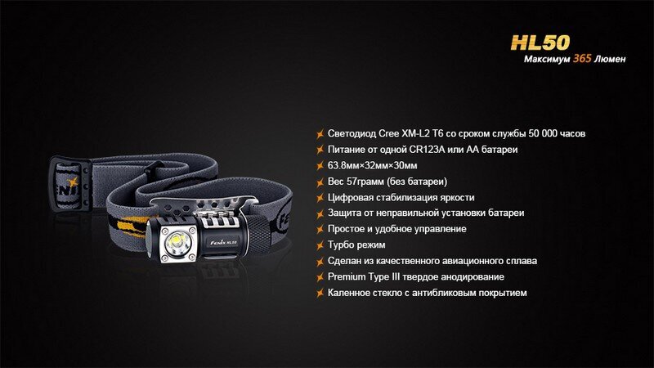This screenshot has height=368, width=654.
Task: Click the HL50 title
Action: click(x=540, y=43)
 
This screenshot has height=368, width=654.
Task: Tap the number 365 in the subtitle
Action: click(x=582, y=58)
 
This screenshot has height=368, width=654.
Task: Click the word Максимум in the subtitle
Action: click(x=546, y=59)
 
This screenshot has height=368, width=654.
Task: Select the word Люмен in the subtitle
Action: click(x=610, y=59)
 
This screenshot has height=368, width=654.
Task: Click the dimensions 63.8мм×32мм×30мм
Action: click(x=372, y=166)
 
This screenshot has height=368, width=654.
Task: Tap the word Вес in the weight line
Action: click(x=336, y=182)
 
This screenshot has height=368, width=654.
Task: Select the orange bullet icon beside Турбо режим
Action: click(x=320, y=245)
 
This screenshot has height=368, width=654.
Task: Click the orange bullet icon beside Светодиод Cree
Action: click(x=320, y=134)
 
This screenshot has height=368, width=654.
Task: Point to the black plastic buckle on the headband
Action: click(x=69, y=182)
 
